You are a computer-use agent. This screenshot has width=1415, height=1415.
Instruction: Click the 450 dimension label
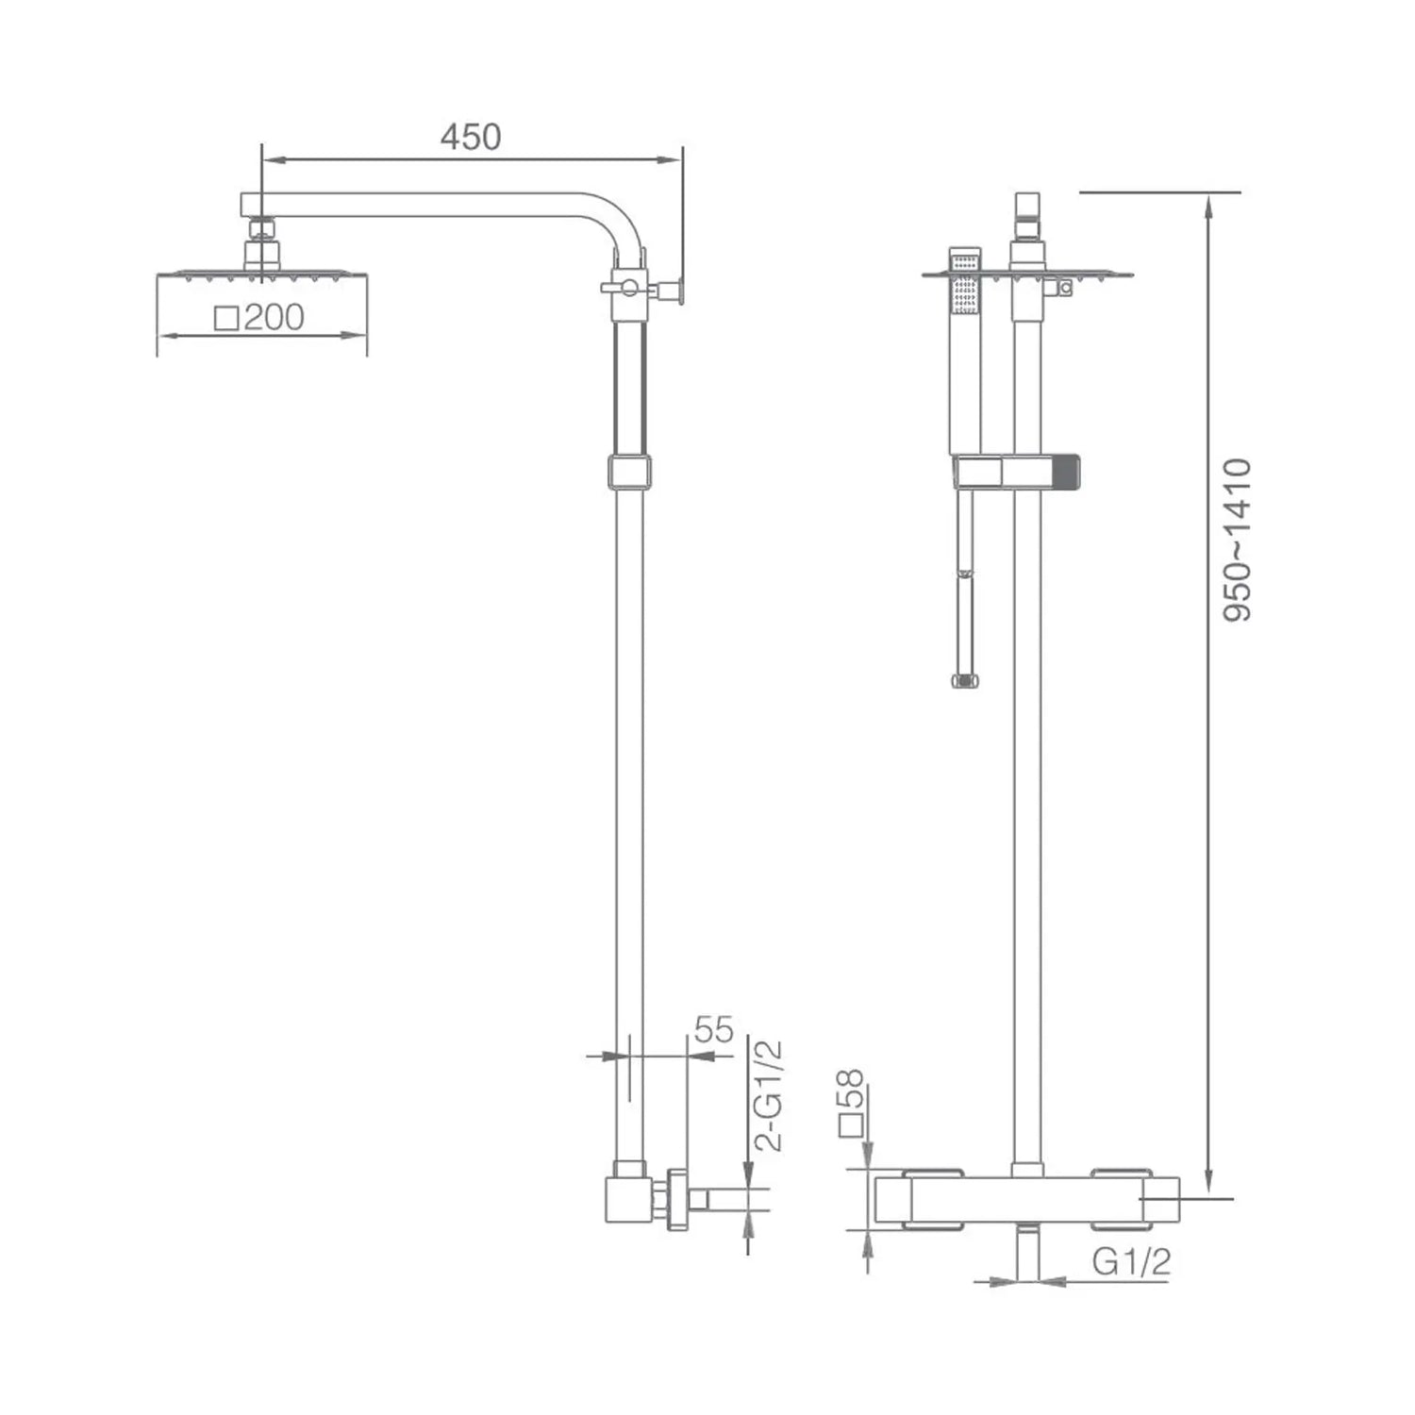click(471, 138)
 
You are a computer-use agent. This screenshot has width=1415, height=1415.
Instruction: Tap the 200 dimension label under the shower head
click(275, 318)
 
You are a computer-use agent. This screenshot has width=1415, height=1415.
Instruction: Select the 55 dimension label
click(713, 1030)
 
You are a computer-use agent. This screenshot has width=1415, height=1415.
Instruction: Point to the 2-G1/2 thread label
click(771, 1094)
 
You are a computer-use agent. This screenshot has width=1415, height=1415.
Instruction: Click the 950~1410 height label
click(1237, 539)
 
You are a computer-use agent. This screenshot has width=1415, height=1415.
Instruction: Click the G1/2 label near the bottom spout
click(1131, 1262)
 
